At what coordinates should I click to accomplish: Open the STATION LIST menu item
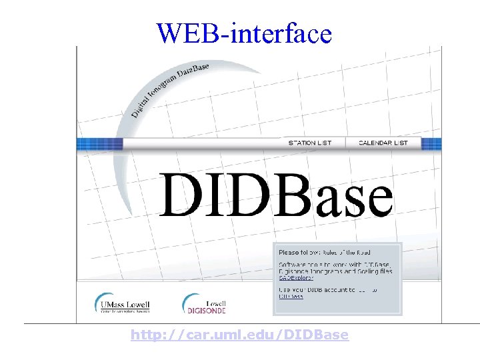[309, 143]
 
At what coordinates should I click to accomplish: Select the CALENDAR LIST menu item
[383, 143]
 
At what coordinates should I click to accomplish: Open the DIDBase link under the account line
[291, 297]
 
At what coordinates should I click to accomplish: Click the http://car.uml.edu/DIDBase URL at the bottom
[239, 335]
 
